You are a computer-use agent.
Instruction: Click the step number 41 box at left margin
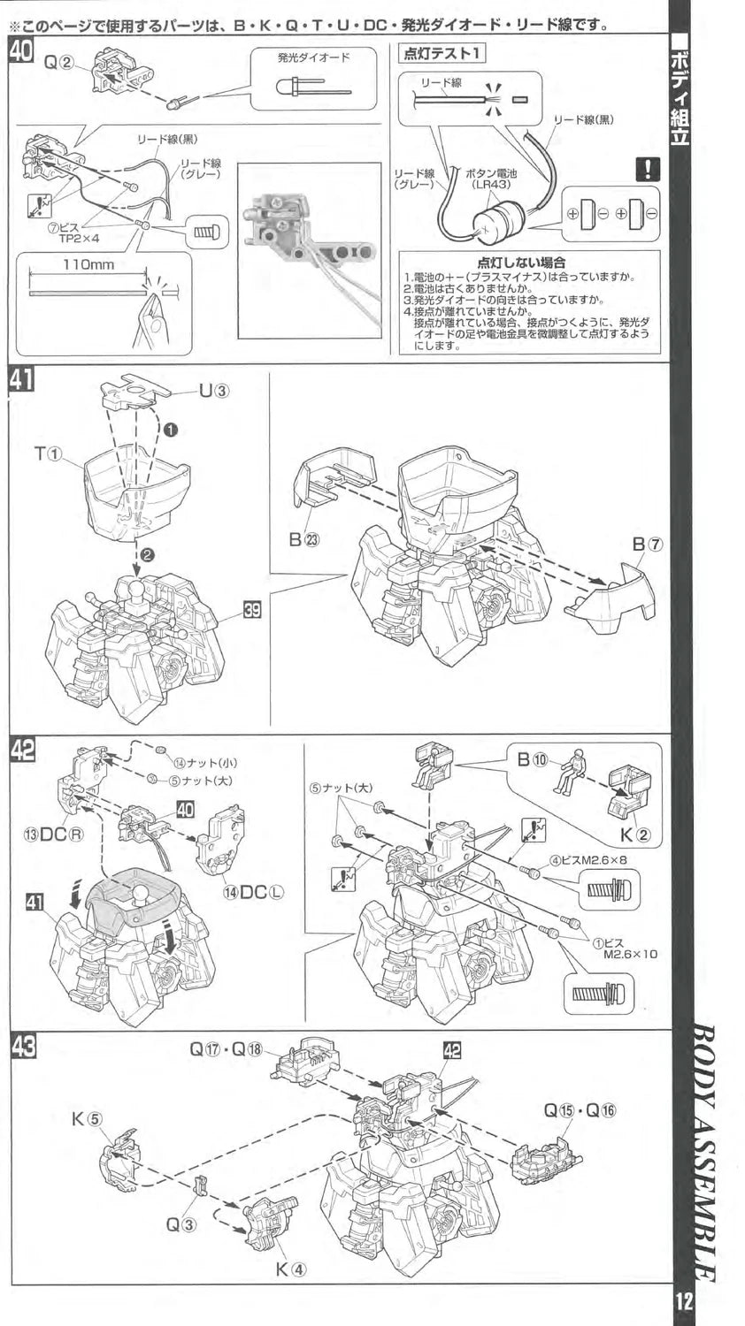tap(21, 380)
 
